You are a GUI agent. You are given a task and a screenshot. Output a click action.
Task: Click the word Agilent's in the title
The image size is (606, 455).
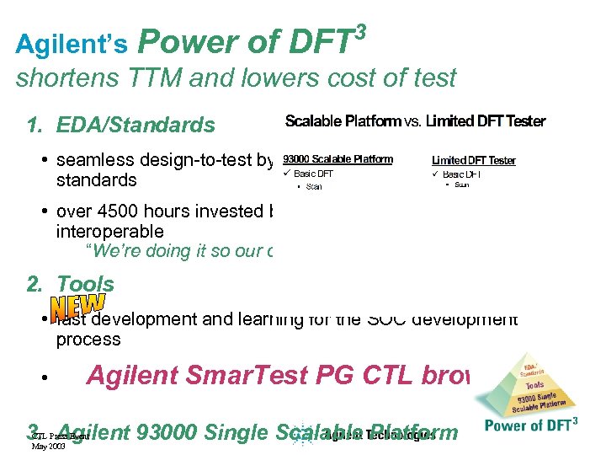72,44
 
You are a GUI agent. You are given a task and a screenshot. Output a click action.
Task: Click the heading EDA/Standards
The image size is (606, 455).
135,126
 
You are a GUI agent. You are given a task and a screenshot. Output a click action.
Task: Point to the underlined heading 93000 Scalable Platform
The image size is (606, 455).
338,159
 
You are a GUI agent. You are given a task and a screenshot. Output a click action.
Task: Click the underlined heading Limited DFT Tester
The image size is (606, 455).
473,160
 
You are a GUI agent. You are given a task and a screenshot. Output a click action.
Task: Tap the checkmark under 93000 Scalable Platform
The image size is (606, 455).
287,174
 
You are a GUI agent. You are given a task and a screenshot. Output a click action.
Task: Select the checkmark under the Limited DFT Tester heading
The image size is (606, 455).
436,174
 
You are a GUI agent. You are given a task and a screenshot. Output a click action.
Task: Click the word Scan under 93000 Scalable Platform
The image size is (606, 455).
314,186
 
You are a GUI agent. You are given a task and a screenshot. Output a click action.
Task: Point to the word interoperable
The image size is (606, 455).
109,231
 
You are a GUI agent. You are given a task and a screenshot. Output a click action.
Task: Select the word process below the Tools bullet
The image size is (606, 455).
88,340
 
